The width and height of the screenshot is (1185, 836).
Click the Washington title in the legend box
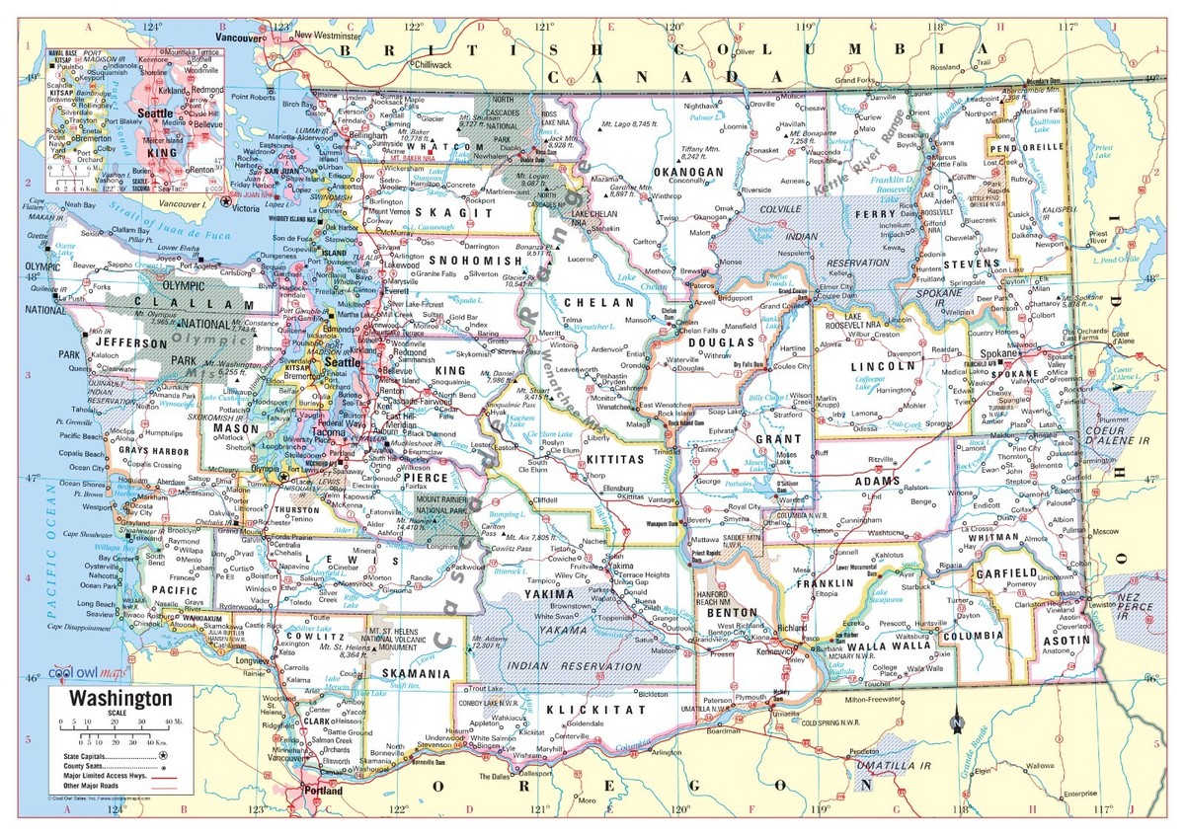(x=119, y=699)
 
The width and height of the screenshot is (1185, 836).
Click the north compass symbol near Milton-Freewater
(x=956, y=722)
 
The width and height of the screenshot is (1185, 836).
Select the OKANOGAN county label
(x=688, y=172)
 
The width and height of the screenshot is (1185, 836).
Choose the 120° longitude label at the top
(x=673, y=28)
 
